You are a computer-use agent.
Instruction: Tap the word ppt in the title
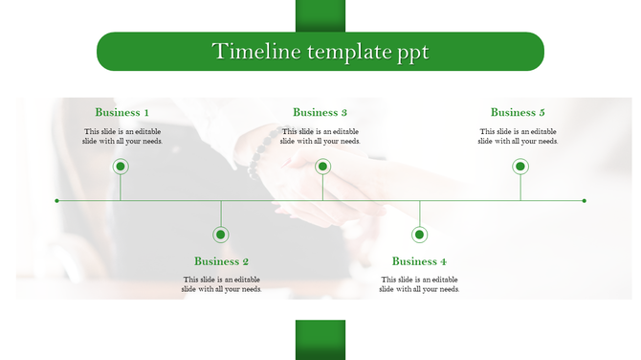coord(412,53)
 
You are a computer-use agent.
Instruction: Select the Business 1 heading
coord(122,113)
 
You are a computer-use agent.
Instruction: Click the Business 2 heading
coord(221,261)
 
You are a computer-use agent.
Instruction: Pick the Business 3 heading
coord(320,113)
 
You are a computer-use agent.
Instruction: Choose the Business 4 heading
coord(419,261)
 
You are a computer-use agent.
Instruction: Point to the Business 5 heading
coord(518,113)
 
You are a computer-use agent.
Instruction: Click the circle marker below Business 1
coord(121,167)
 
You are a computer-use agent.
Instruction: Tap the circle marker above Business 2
coord(221,235)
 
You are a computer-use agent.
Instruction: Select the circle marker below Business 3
coord(322,167)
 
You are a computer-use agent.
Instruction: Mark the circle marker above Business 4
coord(419,235)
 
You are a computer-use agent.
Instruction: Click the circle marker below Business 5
coord(520,167)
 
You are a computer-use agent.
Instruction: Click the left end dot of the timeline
coord(57,201)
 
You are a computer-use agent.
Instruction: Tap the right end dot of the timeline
coord(585,201)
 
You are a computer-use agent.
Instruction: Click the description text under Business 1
coord(122,136)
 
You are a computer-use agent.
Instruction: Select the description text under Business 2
coord(221,284)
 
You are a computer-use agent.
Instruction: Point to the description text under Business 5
coord(518,136)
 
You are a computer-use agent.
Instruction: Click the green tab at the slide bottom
coord(320,340)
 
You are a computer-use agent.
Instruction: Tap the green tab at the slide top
coord(320,15)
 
